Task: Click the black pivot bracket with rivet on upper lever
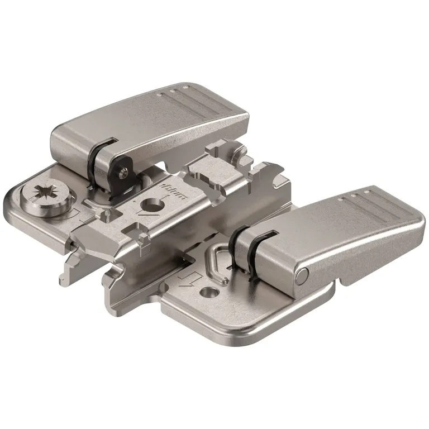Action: pos(120,170)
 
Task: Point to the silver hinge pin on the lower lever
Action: pos(302,274)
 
